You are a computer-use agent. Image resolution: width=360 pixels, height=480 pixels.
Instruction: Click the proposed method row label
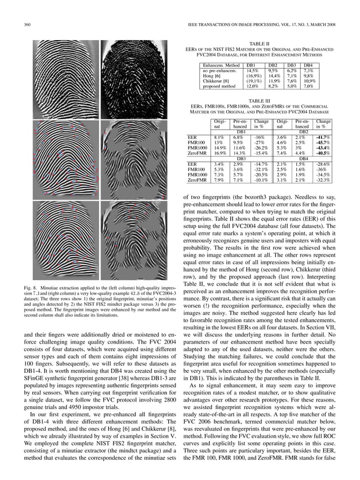click(220, 86)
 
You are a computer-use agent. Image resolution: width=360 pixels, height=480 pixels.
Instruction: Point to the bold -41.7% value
click(323, 136)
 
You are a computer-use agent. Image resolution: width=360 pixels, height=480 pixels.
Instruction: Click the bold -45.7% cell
click(323, 142)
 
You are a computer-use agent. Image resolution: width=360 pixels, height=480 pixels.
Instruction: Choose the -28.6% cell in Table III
click(323, 164)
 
